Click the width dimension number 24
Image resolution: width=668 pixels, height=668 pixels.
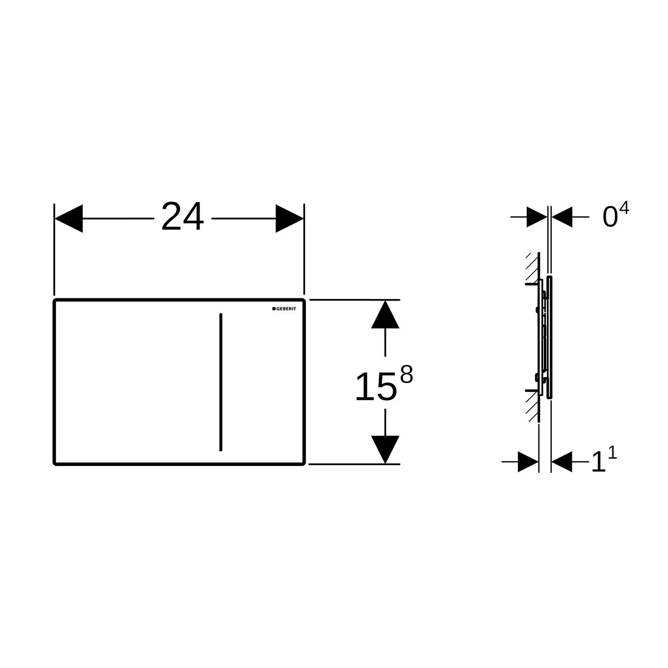click(182, 217)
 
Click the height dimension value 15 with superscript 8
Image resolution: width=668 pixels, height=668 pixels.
click(383, 384)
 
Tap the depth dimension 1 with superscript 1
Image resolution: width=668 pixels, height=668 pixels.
click(603, 461)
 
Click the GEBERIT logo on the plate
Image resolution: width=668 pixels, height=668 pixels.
click(284, 309)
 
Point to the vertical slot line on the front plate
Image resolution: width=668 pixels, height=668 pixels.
click(221, 382)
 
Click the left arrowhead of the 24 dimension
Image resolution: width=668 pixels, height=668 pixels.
click(69, 219)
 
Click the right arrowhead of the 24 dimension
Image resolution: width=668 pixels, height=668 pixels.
click(289, 219)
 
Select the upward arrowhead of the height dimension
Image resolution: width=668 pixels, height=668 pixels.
click(385, 314)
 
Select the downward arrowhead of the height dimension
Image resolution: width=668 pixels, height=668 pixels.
click(385, 449)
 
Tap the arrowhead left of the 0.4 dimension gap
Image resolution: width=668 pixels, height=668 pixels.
click(537, 217)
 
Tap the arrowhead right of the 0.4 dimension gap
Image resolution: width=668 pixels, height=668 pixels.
click(562, 217)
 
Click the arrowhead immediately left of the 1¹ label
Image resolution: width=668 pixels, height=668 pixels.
click(562, 462)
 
